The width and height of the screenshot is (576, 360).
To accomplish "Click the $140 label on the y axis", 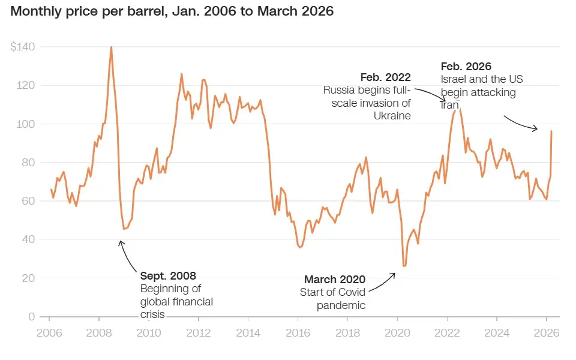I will pyautogui.click(x=22, y=47).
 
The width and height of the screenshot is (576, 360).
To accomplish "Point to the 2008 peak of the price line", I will pyautogui.click(x=111, y=47).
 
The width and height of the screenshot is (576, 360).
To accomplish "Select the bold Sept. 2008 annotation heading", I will pyautogui.click(x=169, y=276).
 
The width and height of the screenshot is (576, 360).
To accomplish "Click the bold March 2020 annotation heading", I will pyautogui.click(x=335, y=279).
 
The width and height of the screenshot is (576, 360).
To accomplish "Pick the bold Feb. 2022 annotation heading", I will pyautogui.click(x=385, y=77).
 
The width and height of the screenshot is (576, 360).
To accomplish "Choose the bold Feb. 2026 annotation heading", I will pyautogui.click(x=466, y=67).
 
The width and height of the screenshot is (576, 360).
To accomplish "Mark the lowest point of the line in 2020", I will pyautogui.click(x=404, y=266).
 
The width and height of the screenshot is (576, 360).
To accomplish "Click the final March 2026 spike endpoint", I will pyautogui.click(x=551, y=131).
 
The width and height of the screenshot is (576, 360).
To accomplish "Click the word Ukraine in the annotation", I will pyautogui.click(x=393, y=116).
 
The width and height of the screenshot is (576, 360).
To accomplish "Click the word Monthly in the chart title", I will pyautogui.click(x=35, y=11).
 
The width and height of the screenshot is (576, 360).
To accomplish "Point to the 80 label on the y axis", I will pyautogui.click(x=28, y=162).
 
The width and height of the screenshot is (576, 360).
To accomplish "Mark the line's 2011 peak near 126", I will pyautogui.click(x=181, y=74).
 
